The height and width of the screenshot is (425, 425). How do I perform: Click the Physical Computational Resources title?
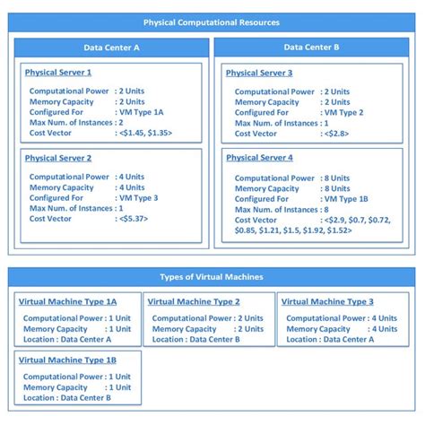point(212,22)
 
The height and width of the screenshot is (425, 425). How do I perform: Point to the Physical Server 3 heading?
point(259,73)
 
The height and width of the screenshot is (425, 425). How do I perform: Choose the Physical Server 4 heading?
point(259,158)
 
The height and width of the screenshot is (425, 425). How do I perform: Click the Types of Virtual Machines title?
point(212,276)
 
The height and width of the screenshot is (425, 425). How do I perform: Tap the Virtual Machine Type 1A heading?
point(67,301)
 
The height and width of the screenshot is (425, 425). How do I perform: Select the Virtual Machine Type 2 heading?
point(194,301)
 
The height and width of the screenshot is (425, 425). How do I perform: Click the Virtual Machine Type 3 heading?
point(327,301)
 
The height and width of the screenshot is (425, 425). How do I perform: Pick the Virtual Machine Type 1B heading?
point(67,360)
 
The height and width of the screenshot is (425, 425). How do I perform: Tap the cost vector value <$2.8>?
point(336,134)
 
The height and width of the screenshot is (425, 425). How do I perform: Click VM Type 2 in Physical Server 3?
point(343,113)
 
